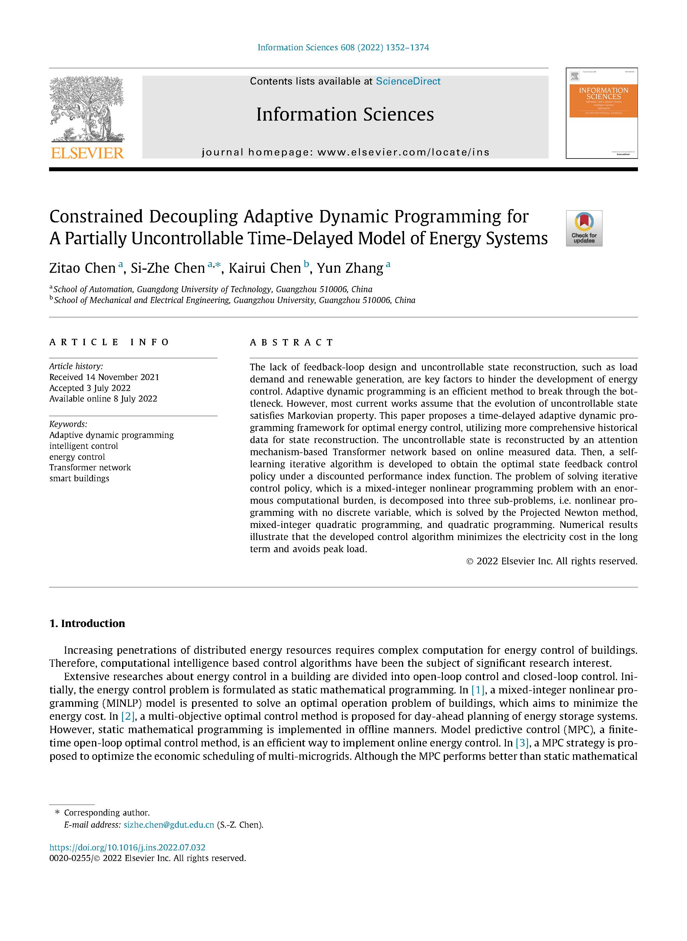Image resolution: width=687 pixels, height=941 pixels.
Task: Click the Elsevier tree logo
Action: click(x=87, y=109)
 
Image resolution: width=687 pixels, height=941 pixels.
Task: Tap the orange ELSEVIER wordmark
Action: click(x=87, y=153)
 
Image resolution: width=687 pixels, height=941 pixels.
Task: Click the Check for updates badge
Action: click(x=584, y=229)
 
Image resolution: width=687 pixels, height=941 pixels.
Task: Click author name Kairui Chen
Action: click(x=264, y=268)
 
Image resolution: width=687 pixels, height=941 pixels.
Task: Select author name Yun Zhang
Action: click(x=350, y=268)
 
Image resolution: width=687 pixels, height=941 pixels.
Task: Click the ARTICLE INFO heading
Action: click(x=109, y=342)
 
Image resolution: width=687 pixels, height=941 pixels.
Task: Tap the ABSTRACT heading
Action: click(x=291, y=342)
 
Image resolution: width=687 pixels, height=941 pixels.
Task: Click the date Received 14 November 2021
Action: click(x=104, y=377)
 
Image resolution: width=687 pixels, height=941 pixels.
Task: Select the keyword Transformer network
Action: click(x=90, y=468)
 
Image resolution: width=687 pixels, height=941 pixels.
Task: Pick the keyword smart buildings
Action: click(x=79, y=479)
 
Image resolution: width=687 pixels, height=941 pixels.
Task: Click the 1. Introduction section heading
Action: click(x=87, y=623)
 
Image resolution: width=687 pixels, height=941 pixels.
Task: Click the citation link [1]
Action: click(x=478, y=690)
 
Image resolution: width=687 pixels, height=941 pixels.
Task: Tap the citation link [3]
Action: click(x=522, y=743)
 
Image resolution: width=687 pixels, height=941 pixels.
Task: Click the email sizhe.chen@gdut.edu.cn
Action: click(x=168, y=825)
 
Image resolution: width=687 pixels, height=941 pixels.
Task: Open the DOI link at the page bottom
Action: click(x=127, y=847)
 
